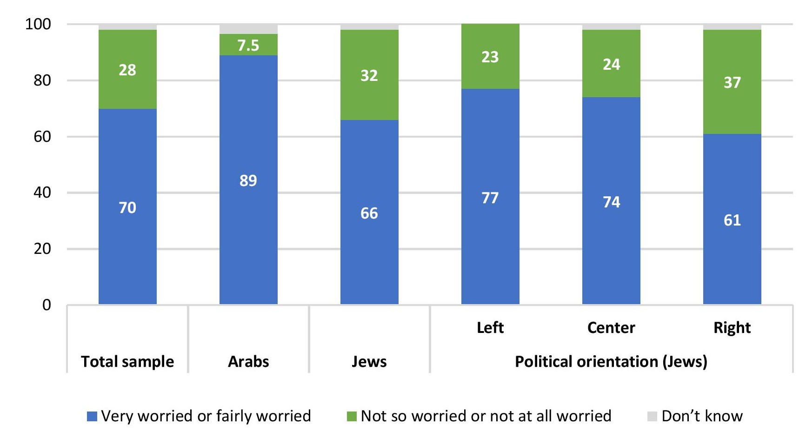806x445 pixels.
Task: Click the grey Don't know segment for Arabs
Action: [248, 29]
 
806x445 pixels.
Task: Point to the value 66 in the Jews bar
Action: [369, 213]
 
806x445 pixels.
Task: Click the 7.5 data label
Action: [248, 46]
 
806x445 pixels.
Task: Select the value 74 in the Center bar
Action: [611, 202]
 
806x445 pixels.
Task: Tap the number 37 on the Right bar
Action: [732, 83]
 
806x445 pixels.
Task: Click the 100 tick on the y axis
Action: [38, 24]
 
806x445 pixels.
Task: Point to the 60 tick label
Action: [42, 137]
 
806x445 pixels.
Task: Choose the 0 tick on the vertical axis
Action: [47, 305]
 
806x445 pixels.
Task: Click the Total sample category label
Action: [127, 362]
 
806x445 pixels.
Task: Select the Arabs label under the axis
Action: [248, 362]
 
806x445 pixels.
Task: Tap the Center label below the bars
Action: [611, 328]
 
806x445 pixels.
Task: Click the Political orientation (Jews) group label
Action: [611, 362]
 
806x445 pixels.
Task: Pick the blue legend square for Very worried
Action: [92, 416]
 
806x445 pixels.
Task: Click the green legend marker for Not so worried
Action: [352, 416]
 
